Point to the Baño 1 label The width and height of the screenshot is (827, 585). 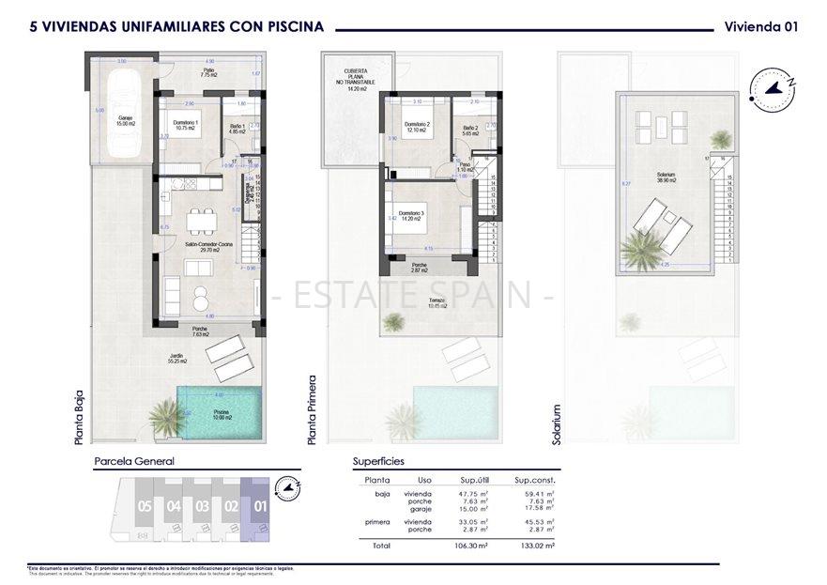[x=237, y=130]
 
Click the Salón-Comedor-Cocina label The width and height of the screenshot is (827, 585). [x=202, y=247]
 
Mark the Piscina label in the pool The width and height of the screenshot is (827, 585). [x=221, y=416]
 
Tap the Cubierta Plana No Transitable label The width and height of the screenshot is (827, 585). [x=356, y=80]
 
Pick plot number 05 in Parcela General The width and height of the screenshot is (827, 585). [x=144, y=505]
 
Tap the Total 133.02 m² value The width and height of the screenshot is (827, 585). [x=535, y=545]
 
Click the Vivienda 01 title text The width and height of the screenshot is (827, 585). [x=761, y=27]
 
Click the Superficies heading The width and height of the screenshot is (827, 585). [x=378, y=462]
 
